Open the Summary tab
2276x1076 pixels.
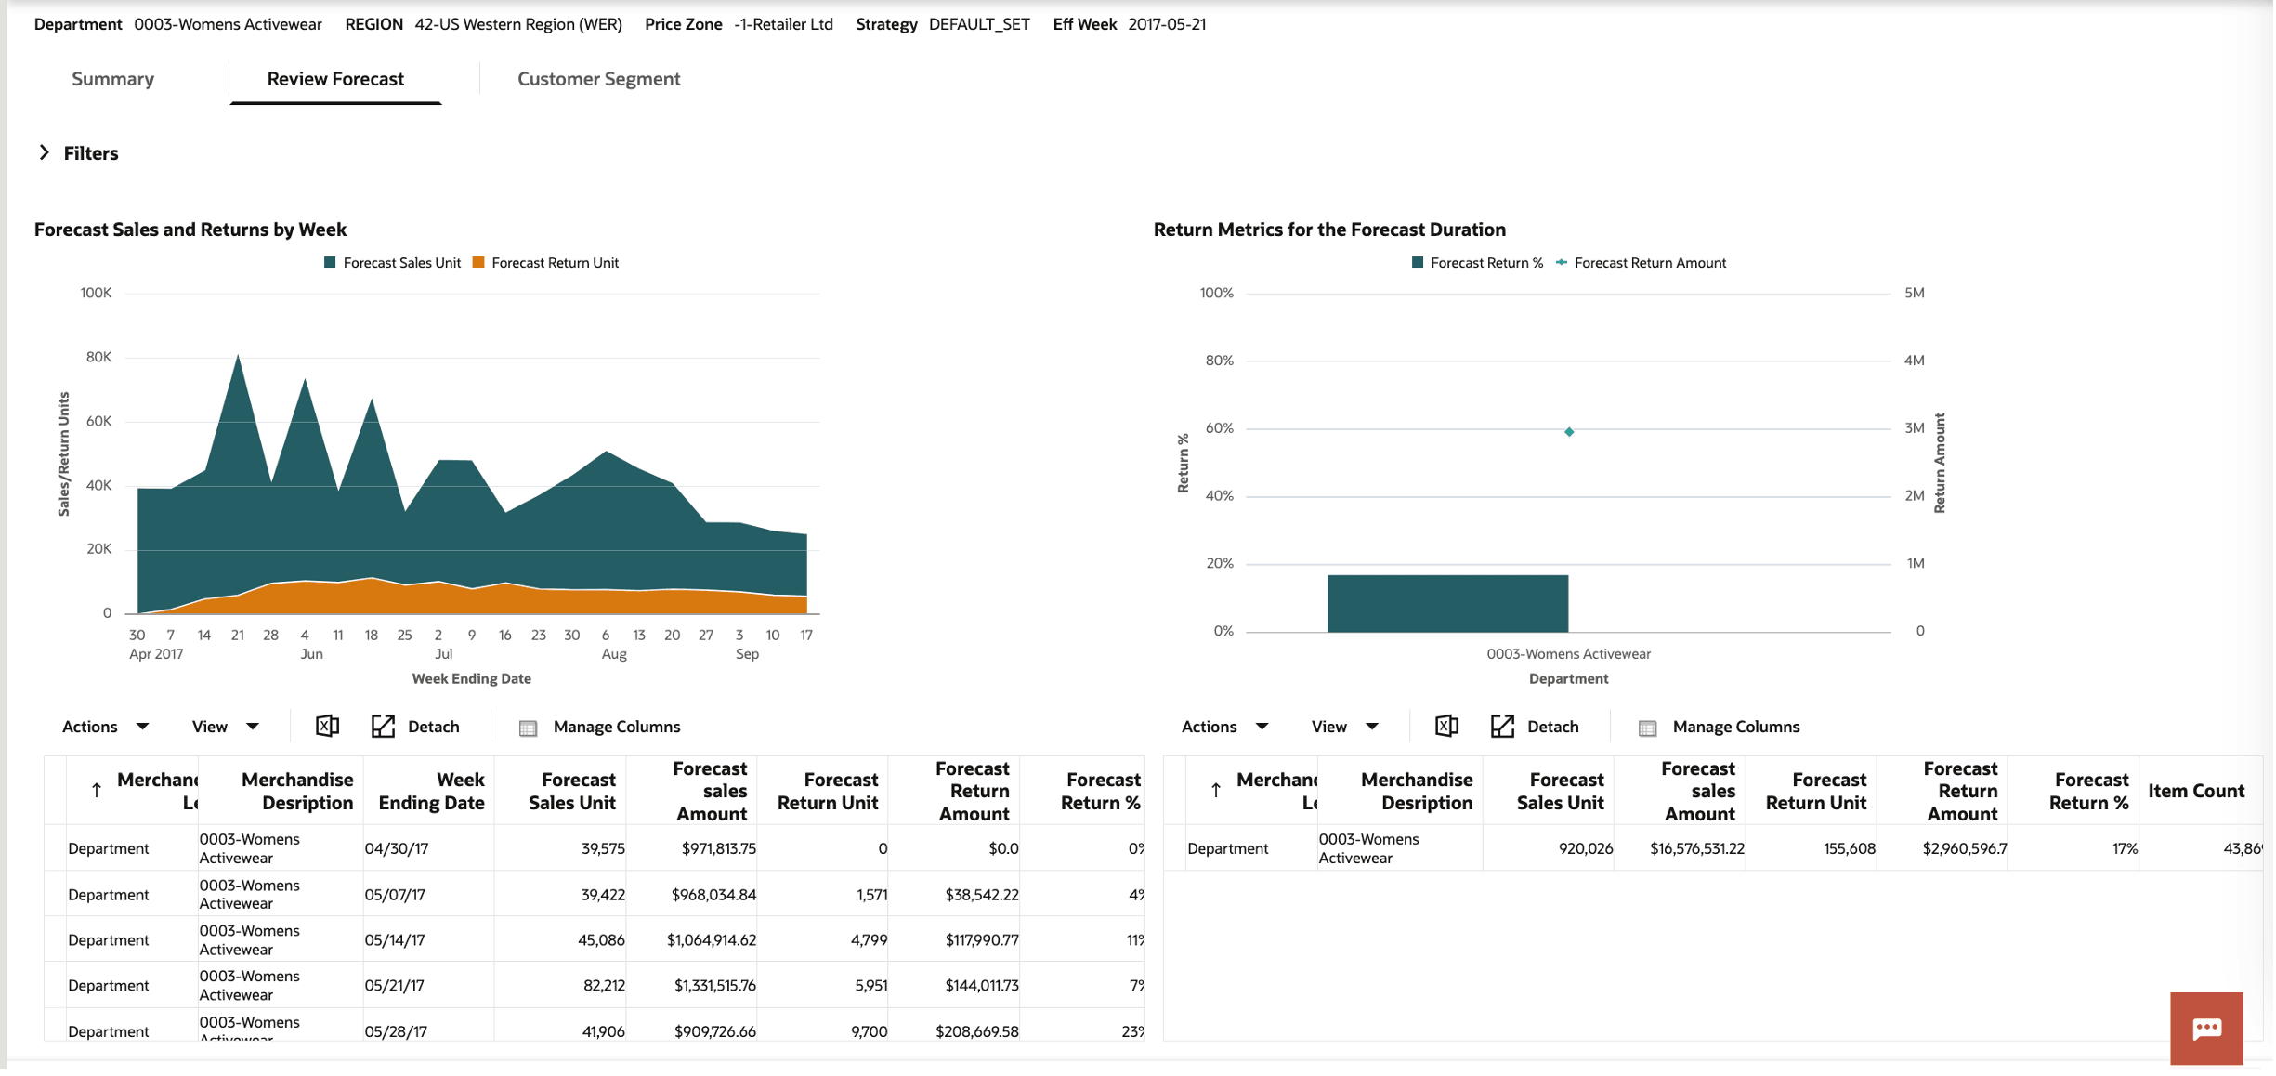(112, 79)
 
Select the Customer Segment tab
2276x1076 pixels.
(598, 79)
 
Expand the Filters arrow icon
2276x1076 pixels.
(44, 152)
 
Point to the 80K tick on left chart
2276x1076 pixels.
(98, 357)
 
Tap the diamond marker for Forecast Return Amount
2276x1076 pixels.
(1568, 432)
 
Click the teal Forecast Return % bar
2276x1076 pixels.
(1446, 603)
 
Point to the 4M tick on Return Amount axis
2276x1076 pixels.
(1914, 361)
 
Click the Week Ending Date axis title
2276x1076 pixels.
(471, 679)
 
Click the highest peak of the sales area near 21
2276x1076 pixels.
(238, 358)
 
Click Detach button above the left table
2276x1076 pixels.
(416, 727)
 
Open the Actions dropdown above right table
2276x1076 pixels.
(1223, 727)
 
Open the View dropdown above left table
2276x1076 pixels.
(225, 727)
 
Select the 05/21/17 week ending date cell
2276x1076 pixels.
(395, 986)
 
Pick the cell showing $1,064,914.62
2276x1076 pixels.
(711, 940)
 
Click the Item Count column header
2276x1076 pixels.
(2195, 791)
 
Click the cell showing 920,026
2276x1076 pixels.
(1585, 848)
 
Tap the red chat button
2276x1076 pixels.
(2205, 1028)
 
